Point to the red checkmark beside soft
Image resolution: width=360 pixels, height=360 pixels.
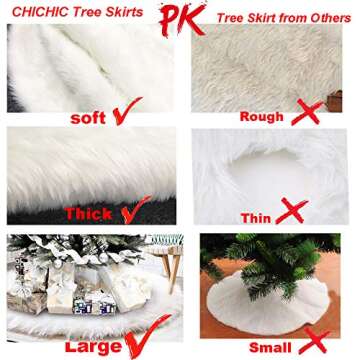click(125, 112)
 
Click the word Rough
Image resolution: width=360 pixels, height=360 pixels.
click(264, 116)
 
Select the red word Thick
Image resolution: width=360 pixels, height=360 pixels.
click(89, 213)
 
